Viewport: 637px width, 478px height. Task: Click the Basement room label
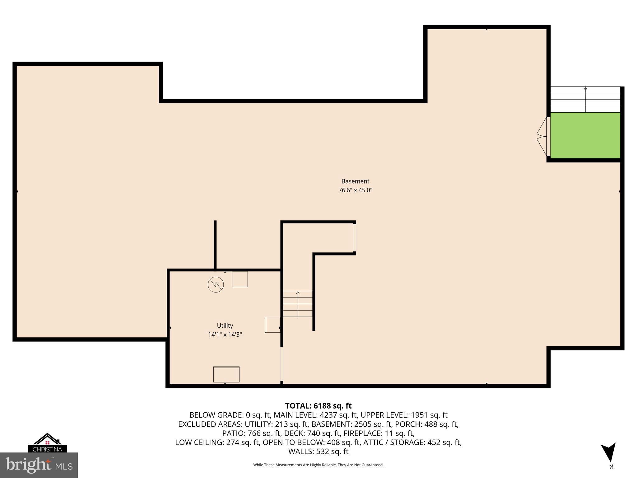point(355,181)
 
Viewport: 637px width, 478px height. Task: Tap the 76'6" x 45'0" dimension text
point(355,190)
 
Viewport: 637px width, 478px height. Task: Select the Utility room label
point(225,326)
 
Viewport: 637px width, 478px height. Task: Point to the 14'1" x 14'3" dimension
point(225,335)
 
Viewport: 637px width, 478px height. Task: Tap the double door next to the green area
point(543,136)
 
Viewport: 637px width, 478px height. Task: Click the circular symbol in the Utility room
point(216,284)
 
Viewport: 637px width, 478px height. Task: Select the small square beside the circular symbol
point(240,279)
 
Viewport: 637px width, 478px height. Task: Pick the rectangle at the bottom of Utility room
point(226,374)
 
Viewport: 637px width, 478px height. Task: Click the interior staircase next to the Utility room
point(298,304)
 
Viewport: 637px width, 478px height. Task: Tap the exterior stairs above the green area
point(585,100)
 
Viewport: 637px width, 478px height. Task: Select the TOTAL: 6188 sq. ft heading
point(318,406)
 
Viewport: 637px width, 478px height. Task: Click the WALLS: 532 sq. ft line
point(318,452)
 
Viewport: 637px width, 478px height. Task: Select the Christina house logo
point(47,442)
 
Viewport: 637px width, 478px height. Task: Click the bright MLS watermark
point(39,465)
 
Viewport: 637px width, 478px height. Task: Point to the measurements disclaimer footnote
point(318,465)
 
